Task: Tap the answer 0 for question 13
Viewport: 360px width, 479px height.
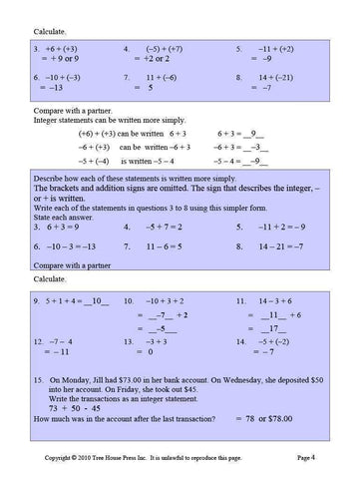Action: point(149,352)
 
